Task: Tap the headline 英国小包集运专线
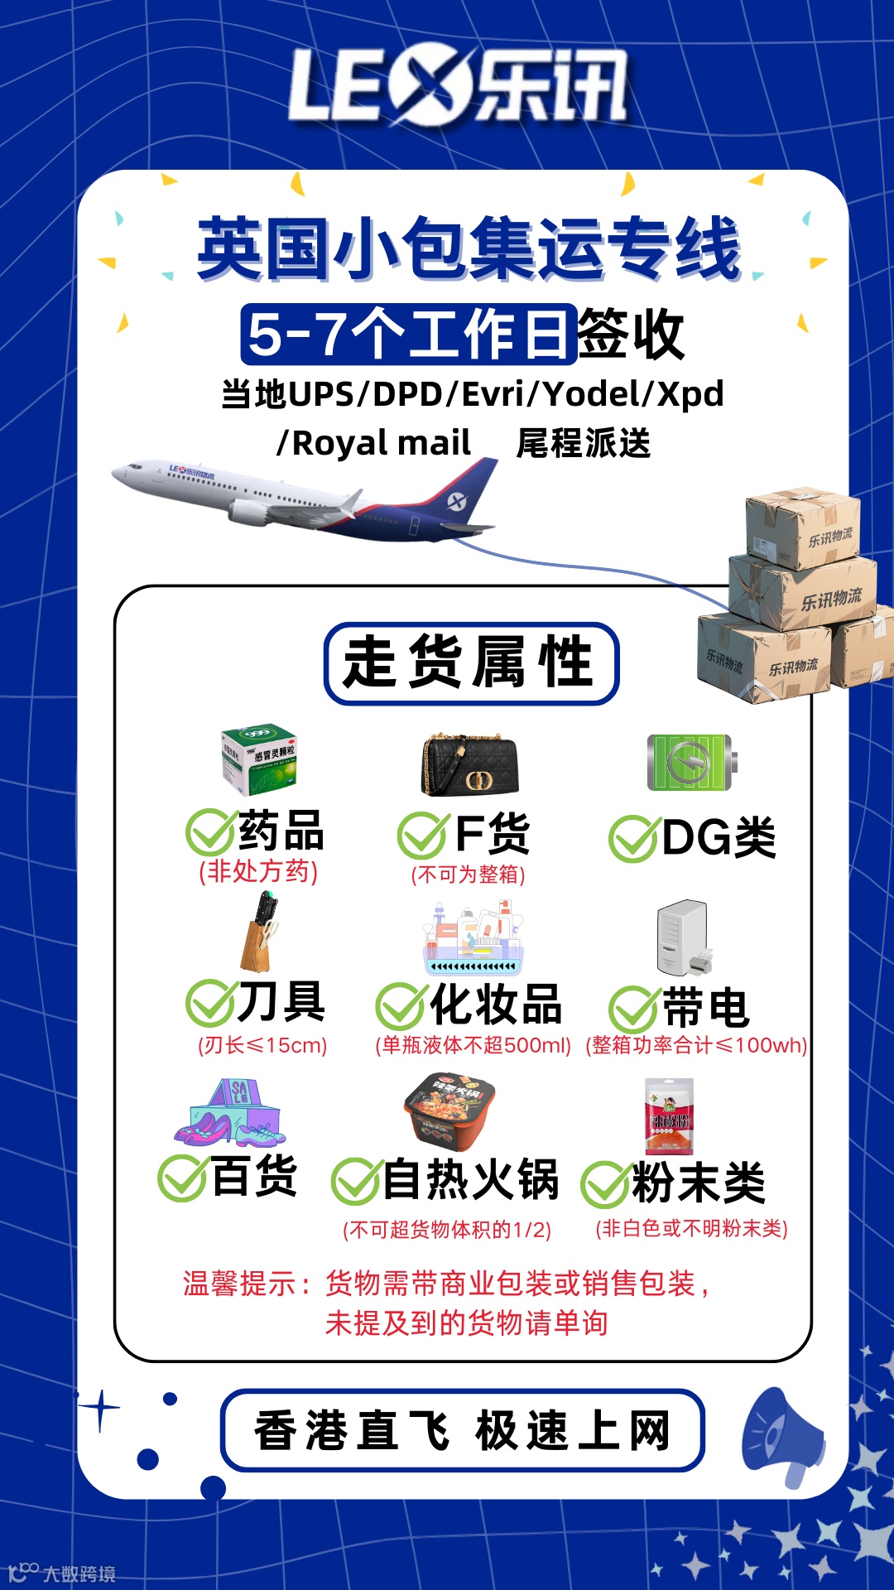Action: coord(469,248)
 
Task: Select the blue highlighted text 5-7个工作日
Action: coord(409,335)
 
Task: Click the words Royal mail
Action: coord(381,444)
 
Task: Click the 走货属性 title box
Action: coord(471,663)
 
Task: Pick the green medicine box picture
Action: coord(259,760)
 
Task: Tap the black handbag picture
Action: coord(470,764)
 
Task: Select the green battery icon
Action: coord(691,762)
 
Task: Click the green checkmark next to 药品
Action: coord(209,832)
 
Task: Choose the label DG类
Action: coord(719,838)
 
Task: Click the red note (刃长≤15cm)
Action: coord(262,1045)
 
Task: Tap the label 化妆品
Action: coord(496,1005)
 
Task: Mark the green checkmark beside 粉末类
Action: coord(604,1184)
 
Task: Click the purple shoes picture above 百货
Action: coord(229,1114)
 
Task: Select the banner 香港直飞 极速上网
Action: coord(463,1430)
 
